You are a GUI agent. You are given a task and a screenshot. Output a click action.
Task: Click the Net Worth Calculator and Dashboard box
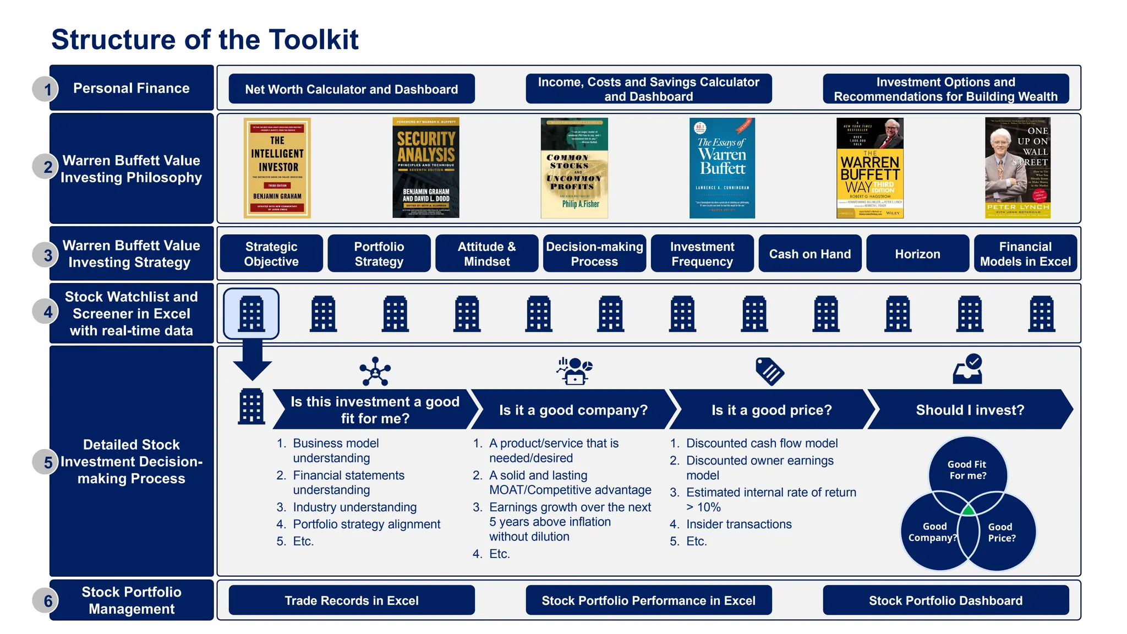pos(351,89)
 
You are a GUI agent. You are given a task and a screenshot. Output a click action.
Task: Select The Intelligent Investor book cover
pos(277,168)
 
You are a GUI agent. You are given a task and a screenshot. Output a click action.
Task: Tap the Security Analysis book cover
pos(425,168)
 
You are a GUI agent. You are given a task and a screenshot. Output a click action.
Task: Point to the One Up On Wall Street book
pos(1017,168)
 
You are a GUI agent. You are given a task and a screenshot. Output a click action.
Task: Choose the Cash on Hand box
pos(809,254)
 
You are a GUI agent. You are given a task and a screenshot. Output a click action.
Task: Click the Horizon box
pos(917,254)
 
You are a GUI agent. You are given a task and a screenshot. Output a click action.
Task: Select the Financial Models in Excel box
pos(1025,254)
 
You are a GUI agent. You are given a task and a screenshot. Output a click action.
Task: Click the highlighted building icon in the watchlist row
pos(251,314)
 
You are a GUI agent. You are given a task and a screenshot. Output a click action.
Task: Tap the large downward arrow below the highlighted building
pos(252,360)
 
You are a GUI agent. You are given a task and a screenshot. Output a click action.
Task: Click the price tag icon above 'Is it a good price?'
pos(770,371)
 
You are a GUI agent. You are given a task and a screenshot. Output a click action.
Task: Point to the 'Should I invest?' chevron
pos(970,410)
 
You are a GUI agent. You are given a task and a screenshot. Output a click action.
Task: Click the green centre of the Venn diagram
pos(968,510)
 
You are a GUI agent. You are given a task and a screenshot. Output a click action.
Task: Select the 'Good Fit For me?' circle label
pos(967,470)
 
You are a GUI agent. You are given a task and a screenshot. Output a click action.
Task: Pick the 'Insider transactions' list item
pos(738,524)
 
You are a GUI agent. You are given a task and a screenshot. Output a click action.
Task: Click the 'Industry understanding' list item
pos(354,507)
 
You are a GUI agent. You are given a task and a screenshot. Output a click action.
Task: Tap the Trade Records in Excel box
pos(351,600)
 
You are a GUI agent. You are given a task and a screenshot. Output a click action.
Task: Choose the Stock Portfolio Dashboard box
pos(945,600)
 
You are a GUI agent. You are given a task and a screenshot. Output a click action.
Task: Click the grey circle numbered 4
pos(47,312)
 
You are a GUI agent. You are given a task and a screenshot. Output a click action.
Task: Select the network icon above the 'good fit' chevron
pos(375,371)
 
